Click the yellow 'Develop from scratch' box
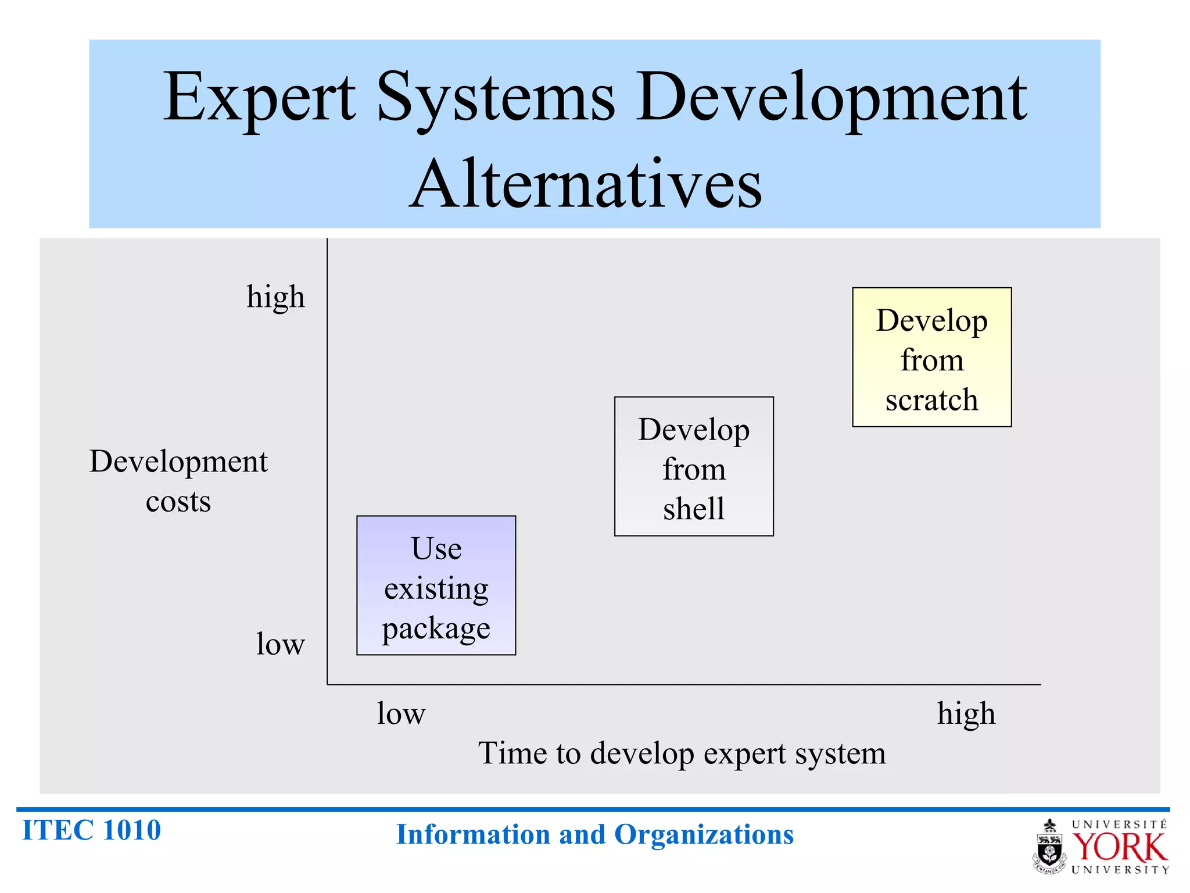(931, 357)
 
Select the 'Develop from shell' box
(694, 466)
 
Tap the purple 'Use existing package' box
(436, 585)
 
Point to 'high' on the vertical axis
(275, 297)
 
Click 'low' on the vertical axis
(280, 644)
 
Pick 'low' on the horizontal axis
(401, 713)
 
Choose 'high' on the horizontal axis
(966, 714)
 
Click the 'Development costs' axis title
(178, 481)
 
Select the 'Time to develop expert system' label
(682, 753)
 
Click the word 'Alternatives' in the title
(585, 184)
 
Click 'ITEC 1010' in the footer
(91, 830)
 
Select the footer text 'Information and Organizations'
(594, 834)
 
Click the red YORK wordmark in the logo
(1119, 847)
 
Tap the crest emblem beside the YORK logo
(1049, 847)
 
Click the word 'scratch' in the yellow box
(931, 400)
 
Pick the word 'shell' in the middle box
(694, 509)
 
